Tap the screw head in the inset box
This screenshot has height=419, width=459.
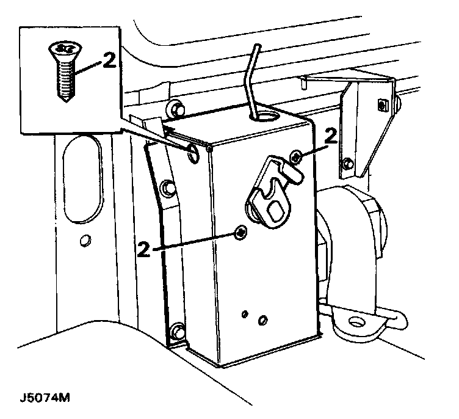[x=61, y=48]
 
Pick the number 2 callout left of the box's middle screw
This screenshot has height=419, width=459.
[x=144, y=249]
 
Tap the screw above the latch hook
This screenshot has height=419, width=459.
[x=296, y=157]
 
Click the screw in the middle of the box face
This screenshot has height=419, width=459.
[x=241, y=231]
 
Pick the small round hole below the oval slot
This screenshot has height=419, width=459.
[x=85, y=239]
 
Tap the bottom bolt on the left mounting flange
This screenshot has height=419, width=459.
[x=178, y=332]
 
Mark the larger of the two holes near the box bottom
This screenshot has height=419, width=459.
[x=263, y=320]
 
